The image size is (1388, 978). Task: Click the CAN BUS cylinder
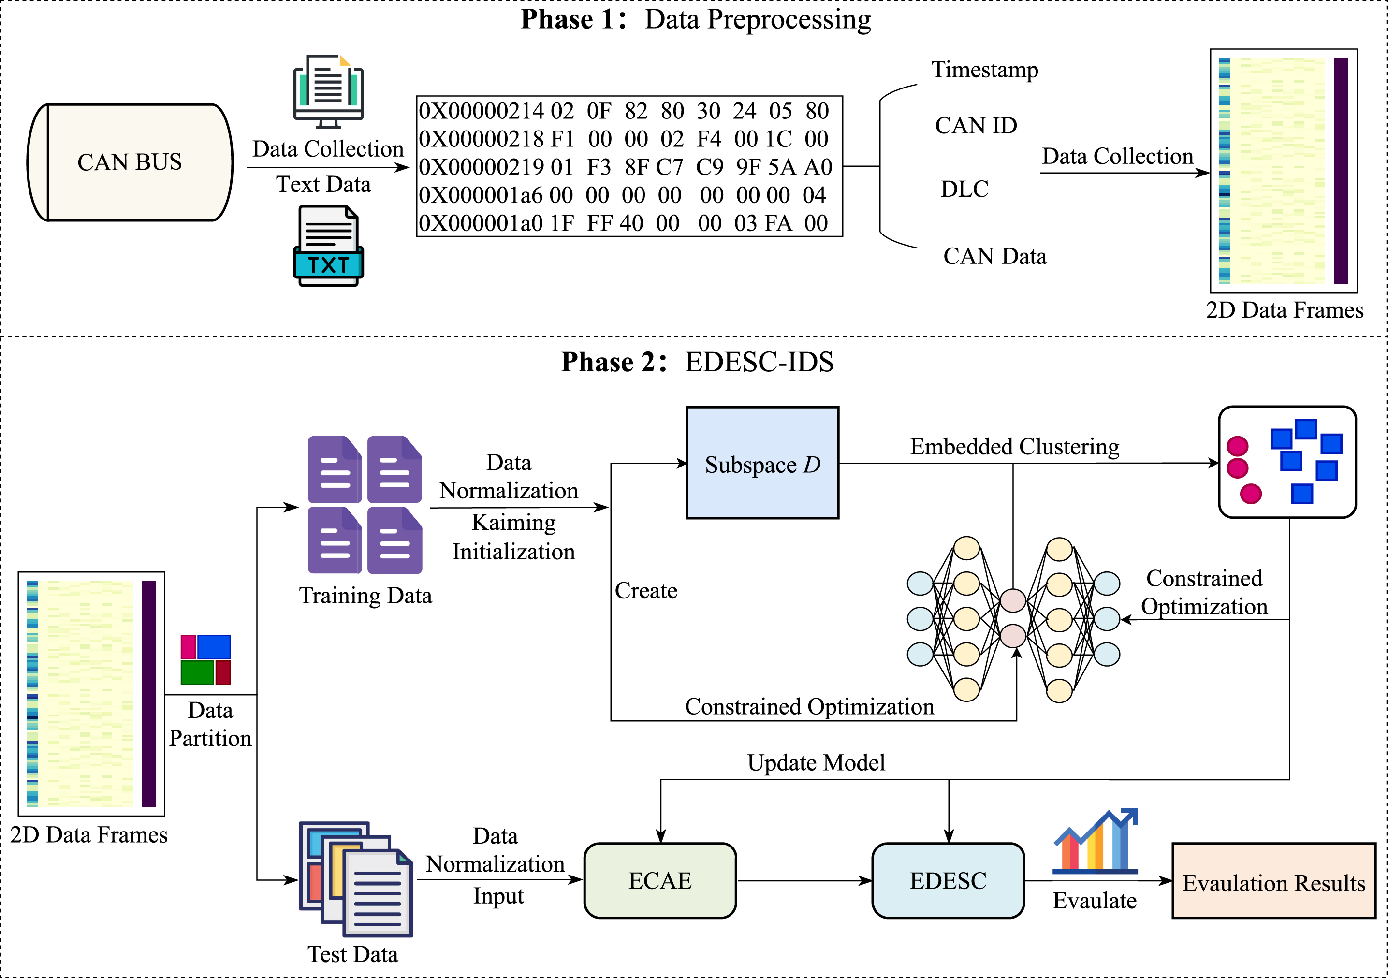click(130, 162)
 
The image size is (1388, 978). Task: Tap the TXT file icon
click(328, 246)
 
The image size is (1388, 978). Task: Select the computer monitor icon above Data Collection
click(328, 91)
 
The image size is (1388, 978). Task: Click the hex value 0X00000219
click(481, 167)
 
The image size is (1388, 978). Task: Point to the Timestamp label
click(984, 70)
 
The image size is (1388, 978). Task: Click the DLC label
click(964, 189)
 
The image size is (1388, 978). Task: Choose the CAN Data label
click(994, 256)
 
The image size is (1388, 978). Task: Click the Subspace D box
click(762, 463)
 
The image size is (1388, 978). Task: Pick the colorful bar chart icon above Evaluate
click(1095, 841)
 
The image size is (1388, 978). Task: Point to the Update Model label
click(816, 763)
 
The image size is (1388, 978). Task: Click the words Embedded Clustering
click(1014, 447)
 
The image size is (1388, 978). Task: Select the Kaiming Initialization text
click(513, 537)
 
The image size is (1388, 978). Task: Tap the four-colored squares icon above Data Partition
click(205, 659)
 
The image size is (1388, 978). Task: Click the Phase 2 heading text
click(697, 362)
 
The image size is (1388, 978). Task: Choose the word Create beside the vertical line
click(645, 591)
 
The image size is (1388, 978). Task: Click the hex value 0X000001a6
click(481, 195)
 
